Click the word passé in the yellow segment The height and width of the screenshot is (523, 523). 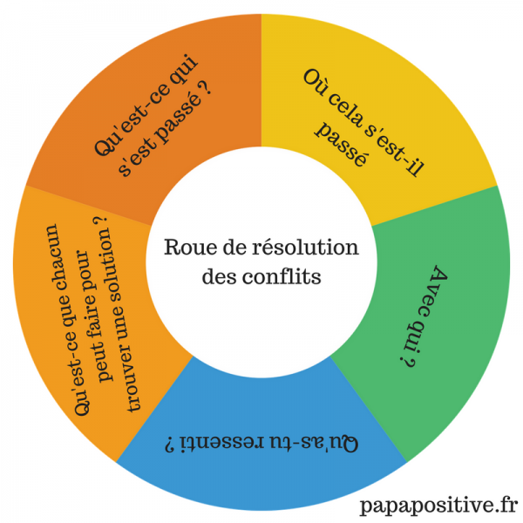coord(342,147)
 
